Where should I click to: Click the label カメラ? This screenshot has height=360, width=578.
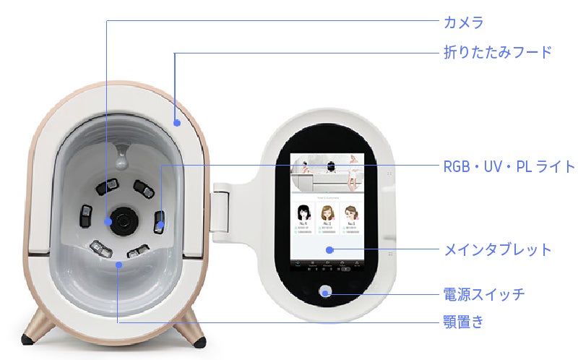463,22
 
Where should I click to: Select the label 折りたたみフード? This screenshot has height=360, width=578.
497,53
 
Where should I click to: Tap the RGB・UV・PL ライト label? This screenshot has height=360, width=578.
509,167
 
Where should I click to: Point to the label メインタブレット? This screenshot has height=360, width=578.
497,250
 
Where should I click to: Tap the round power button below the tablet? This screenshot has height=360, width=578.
326,292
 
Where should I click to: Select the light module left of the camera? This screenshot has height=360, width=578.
86,215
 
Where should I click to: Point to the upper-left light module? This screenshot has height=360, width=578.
106,186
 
